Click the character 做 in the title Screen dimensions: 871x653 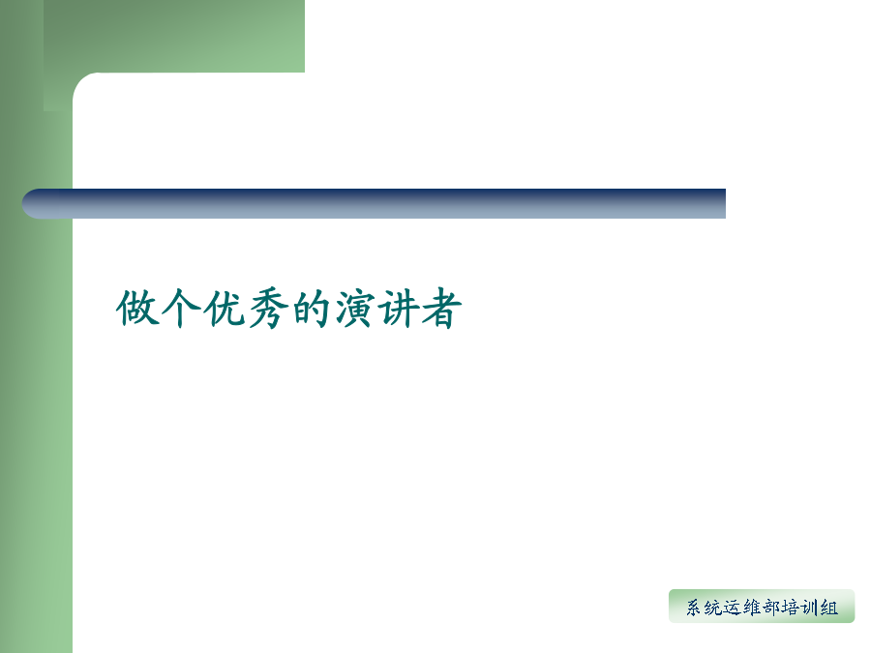click(137, 308)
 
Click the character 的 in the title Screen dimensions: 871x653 click(311, 308)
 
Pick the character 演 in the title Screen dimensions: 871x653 click(354, 308)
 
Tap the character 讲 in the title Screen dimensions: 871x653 click(398, 308)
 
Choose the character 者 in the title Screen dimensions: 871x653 click(441, 309)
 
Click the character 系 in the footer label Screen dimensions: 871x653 click(694, 608)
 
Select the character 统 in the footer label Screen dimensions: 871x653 click(713, 608)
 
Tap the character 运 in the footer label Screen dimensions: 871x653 click(733, 608)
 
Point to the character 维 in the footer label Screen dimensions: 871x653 click(752, 608)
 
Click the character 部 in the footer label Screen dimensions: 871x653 click(771, 608)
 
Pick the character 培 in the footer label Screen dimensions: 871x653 click(791, 608)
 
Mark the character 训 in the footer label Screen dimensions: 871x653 click(810, 608)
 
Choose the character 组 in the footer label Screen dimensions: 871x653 click(829, 608)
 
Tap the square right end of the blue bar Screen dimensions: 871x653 click(722, 204)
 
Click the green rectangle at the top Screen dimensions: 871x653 click(174, 36)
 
